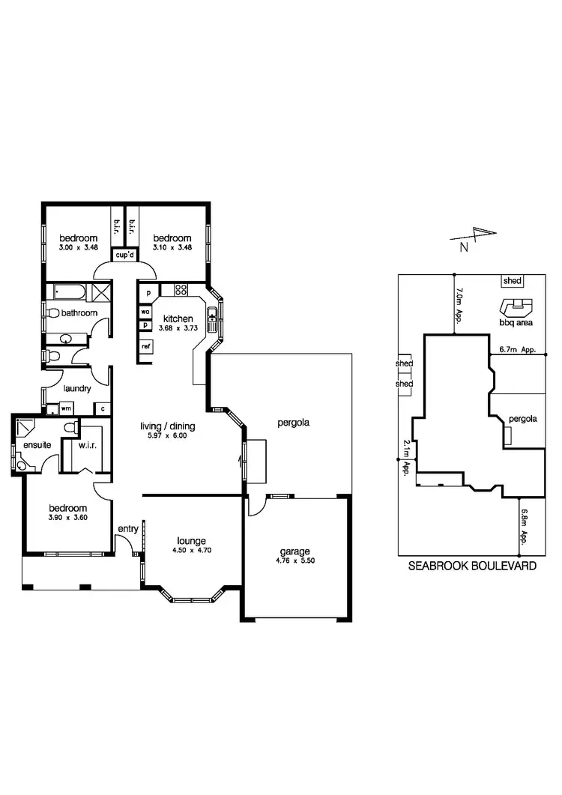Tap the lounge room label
[191, 541]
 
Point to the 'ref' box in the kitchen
[146, 346]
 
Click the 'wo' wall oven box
[145, 312]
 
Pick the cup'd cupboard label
[124, 255]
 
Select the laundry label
[78, 388]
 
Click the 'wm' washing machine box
[66, 408]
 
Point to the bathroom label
[79, 312]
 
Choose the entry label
[127, 529]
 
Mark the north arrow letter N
[464, 246]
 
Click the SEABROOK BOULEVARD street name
[471, 566]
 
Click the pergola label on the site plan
[522, 419]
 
